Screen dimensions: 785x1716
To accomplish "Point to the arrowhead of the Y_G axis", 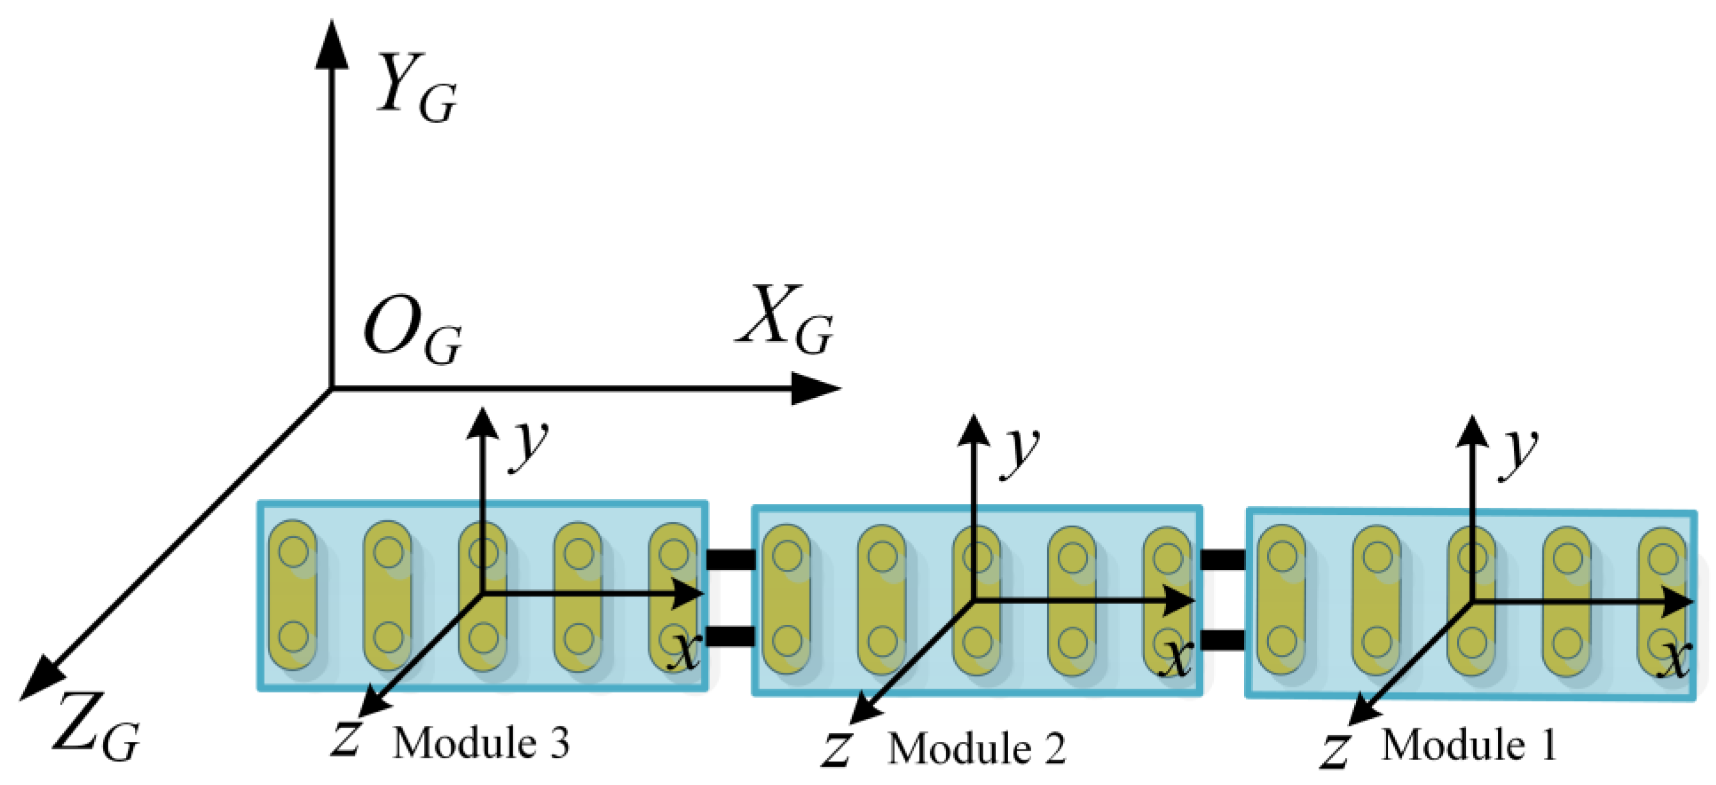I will tap(331, 43).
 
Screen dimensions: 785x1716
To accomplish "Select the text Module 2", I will tap(976, 748).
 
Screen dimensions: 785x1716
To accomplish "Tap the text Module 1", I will tap(1469, 744).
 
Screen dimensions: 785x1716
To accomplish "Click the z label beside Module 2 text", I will tap(837, 749).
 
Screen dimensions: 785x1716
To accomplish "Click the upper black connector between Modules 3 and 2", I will tap(730, 559).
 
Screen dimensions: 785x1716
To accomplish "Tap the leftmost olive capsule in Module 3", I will tap(293, 594).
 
